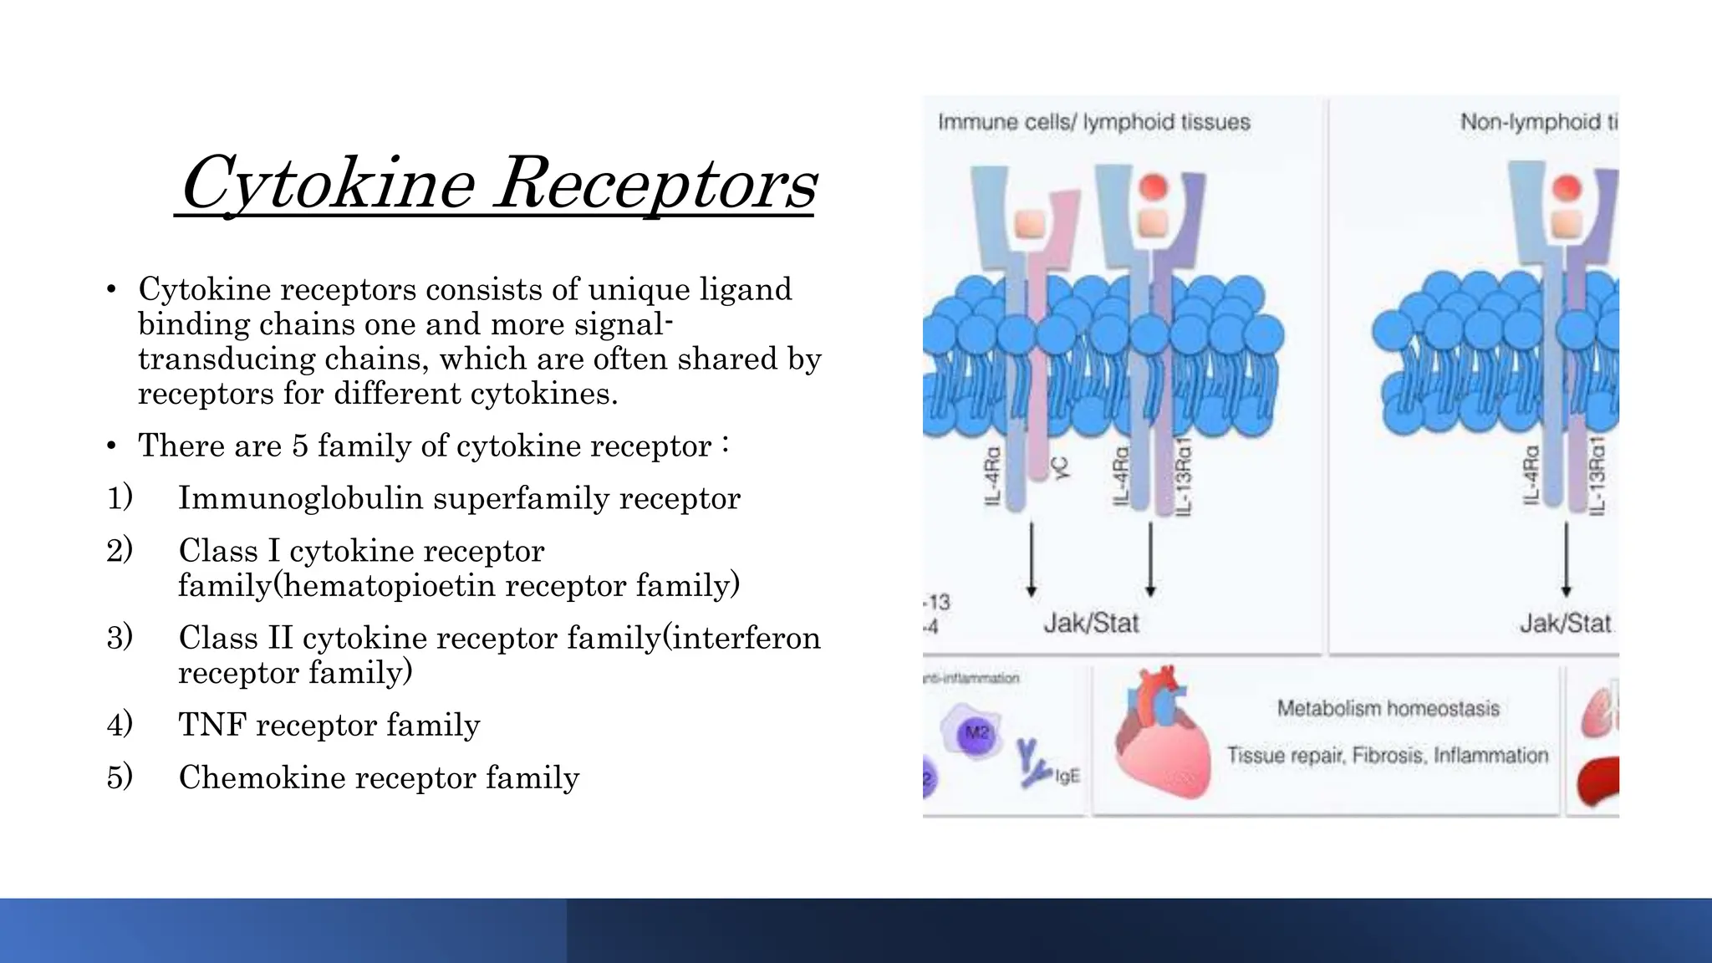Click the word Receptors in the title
[x=655, y=184]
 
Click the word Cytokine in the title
[x=328, y=184]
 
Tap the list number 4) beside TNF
[x=120, y=724]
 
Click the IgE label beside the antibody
[x=1067, y=776]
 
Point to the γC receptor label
[x=1061, y=468]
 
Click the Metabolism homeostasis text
[x=1388, y=709]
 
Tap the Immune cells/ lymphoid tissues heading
[x=1093, y=122]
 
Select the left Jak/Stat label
[x=1091, y=623]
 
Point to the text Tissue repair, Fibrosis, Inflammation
[x=1388, y=756]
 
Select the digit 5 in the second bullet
[x=299, y=446]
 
